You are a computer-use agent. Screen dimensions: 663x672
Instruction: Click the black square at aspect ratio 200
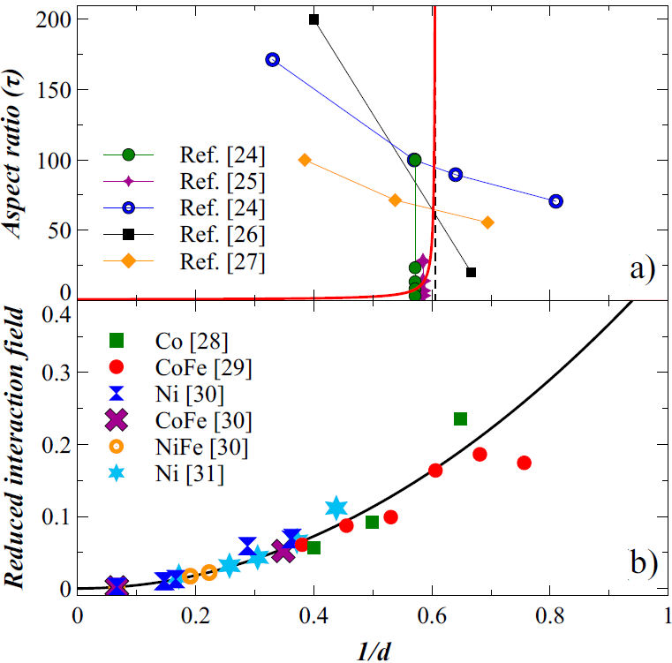coord(313,19)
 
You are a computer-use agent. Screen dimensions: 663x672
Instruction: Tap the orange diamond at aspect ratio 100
coord(305,160)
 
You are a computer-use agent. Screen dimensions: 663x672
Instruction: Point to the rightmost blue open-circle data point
coord(555,201)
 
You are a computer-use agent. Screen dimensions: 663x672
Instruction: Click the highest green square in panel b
coord(460,418)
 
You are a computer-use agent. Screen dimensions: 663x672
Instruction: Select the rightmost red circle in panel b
coord(525,463)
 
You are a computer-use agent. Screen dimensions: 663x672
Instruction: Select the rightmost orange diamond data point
coord(487,222)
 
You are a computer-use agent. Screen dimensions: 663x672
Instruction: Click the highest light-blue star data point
coord(336,508)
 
